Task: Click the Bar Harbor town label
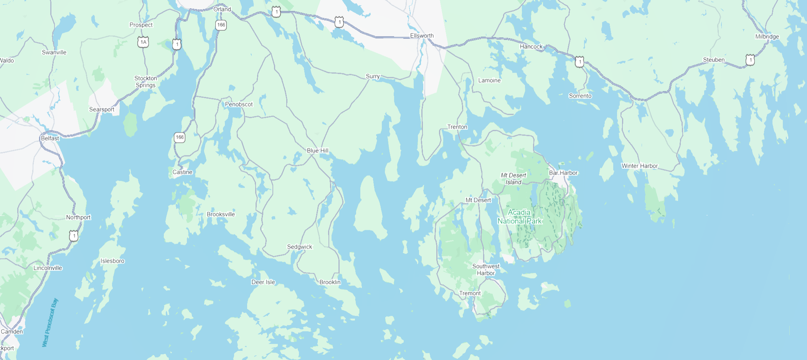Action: pos(563,173)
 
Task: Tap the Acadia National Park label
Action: pos(519,217)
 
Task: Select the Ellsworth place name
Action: pos(422,36)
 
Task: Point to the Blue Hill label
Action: pos(318,150)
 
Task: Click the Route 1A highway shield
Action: pos(143,42)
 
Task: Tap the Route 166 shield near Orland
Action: pos(221,25)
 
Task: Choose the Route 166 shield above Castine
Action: pos(180,137)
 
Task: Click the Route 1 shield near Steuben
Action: pos(750,60)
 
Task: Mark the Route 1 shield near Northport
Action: pos(74,236)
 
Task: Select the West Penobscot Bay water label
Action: pos(50,323)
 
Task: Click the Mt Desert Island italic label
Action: pos(513,178)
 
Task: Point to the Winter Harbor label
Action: pos(639,166)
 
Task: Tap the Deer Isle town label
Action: pos(263,282)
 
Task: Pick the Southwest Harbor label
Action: pos(486,269)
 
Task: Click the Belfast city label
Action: pos(50,138)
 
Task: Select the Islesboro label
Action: pos(112,261)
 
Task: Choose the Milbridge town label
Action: pos(767,37)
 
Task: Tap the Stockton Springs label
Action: pos(145,82)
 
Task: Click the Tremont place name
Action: pos(470,293)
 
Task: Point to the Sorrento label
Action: pos(580,96)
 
